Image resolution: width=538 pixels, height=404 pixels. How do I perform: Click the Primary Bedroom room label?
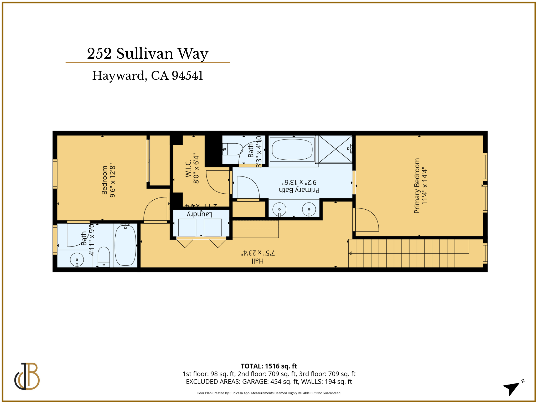point(417,186)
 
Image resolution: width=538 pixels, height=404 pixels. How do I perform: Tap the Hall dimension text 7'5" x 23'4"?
point(258,253)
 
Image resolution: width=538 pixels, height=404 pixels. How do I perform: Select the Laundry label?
point(200,214)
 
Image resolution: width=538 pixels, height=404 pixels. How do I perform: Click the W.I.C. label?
point(188,169)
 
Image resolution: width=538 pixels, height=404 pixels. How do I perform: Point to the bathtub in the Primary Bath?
point(292,149)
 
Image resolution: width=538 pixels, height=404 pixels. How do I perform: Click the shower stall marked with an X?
point(335,149)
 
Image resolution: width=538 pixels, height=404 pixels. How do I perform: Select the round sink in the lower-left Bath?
point(77,260)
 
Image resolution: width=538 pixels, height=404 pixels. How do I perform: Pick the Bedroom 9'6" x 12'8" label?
point(105,180)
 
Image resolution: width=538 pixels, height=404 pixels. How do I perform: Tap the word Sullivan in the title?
point(145,54)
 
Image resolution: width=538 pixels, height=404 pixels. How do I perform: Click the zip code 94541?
point(187,76)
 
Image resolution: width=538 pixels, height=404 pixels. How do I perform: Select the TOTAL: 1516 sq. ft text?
point(269,366)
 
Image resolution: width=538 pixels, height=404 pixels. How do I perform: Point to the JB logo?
point(27,376)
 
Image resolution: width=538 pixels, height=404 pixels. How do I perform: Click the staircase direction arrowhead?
point(350,253)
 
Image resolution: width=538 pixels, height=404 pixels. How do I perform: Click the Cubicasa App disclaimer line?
point(269,393)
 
